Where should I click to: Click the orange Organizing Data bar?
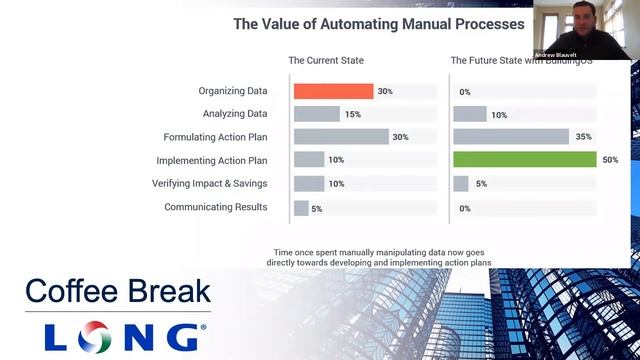[x=333, y=91]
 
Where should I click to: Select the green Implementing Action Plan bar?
[x=524, y=160]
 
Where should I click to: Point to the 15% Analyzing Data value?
[x=353, y=114]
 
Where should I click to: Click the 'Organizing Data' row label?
[x=233, y=91]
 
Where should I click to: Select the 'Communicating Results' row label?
[x=216, y=207]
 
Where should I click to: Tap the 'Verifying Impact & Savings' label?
[x=210, y=184]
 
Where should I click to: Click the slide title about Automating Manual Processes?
[x=379, y=23]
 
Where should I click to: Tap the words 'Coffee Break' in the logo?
[x=118, y=292]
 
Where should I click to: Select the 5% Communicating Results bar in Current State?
[x=301, y=208]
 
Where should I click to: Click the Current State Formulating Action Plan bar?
[x=340, y=137]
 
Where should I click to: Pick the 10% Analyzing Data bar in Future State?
[x=469, y=114]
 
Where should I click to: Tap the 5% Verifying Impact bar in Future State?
[x=461, y=184]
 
